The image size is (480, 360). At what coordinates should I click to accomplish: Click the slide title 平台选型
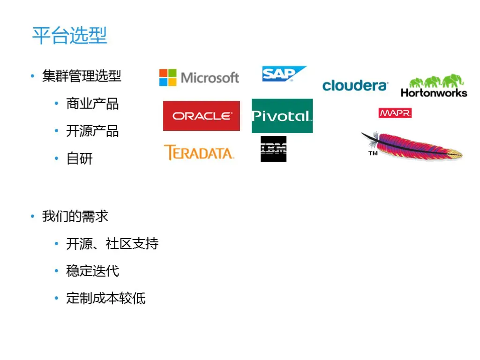tap(69, 36)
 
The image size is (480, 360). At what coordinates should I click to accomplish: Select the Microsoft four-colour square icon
tap(168, 77)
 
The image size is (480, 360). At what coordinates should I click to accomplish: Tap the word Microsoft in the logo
tap(210, 78)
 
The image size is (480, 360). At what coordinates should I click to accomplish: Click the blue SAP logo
tap(283, 74)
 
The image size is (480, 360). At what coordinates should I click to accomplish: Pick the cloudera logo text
tap(355, 85)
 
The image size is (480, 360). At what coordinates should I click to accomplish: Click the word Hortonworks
tap(434, 92)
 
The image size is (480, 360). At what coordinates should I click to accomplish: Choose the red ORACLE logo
tap(202, 116)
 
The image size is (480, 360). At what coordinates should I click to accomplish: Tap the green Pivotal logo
tap(282, 116)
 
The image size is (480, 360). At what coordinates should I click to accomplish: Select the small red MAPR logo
tap(395, 113)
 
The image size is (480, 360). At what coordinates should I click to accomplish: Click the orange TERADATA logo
tap(199, 152)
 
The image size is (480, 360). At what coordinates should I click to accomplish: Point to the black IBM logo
tap(273, 149)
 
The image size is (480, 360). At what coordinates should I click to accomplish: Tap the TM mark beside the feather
tap(373, 153)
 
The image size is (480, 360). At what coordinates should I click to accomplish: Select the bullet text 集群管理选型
tap(82, 75)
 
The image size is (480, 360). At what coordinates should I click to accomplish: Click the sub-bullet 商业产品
tap(92, 103)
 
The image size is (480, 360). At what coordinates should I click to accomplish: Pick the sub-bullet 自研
tap(80, 158)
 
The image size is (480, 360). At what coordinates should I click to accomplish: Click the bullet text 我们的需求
tap(75, 216)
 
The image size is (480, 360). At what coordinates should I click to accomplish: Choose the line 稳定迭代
tap(92, 271)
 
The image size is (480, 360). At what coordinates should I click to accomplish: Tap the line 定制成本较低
tap(105, 298)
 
